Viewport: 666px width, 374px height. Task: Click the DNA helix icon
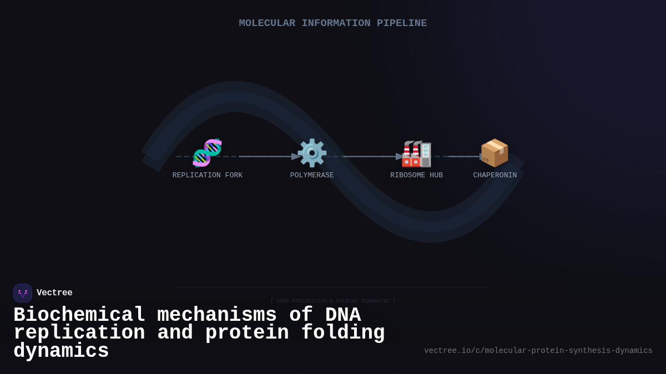tap(207, 153)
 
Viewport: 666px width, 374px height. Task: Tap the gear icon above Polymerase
tap(312, 153)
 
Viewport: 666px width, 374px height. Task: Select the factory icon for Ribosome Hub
tap(416, 153)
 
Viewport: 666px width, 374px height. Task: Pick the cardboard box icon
tap(494, 153)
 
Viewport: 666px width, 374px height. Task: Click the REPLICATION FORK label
tap(207, 176)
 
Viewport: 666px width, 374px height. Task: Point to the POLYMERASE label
tap(312, 176)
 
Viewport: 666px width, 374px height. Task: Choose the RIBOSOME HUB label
tap(416, 176)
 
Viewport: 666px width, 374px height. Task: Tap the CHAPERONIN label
tap(495, 176)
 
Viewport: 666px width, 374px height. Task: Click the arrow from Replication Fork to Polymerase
tap(266, 157)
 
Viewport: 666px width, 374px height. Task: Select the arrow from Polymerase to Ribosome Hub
tap(369, 157)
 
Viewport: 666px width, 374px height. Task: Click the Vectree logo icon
tap(23, 293)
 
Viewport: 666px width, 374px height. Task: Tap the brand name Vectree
tap(54, 293)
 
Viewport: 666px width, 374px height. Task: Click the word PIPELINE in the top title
tap(402, 23)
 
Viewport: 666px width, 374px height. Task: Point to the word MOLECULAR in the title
tap(267, 23)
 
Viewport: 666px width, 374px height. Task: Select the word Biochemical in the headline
tap(79, 315)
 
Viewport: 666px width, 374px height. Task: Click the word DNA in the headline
tap(342, 315)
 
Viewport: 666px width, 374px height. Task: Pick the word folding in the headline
tap(343, 333)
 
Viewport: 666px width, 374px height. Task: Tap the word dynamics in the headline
tap(61, 351)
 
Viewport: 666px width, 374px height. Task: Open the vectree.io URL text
tap(538, 351)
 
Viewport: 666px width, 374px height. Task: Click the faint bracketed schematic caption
tap(333, 301)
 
